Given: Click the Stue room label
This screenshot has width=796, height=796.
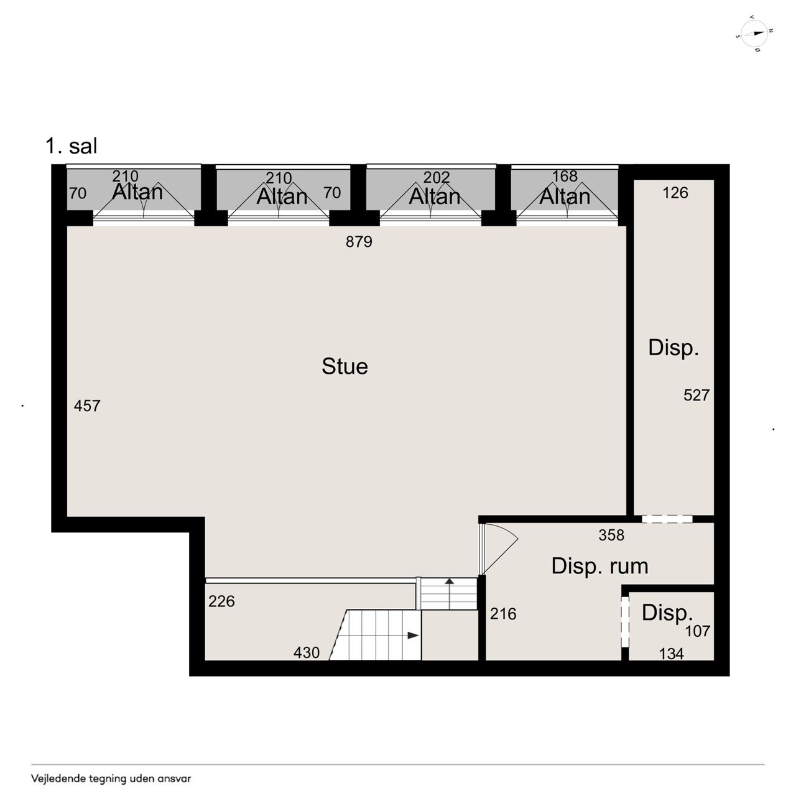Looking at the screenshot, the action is point(345,366).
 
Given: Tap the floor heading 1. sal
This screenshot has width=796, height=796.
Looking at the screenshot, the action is point(72,146).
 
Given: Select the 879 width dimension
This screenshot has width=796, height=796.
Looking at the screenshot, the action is point(359,241).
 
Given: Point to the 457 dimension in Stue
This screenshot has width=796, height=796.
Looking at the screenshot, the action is point(86,405).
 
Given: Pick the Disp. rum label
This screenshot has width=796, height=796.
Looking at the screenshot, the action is point(599,566).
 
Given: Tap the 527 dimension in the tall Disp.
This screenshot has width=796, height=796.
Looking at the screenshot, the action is point(696,396).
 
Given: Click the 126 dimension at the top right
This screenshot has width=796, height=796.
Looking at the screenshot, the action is point(675,193).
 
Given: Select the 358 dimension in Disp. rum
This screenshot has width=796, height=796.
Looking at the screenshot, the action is point(611,535).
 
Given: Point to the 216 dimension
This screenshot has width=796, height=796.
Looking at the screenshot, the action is point(503,614).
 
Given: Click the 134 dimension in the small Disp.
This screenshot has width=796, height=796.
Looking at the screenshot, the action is point(671,654).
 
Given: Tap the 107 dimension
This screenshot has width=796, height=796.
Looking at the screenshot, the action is point(698,631).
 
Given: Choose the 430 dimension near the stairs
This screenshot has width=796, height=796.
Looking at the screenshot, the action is point(307,653).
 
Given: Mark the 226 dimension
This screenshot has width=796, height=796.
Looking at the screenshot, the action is point(221,601).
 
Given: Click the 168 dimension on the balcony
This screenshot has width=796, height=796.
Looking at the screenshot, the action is point(565,177).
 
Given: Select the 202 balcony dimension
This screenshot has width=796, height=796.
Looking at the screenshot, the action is point(436,178).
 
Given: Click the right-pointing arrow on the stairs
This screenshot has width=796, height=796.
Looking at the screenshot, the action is point(413,636).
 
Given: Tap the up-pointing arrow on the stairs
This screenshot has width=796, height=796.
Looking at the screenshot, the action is point(450,582).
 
